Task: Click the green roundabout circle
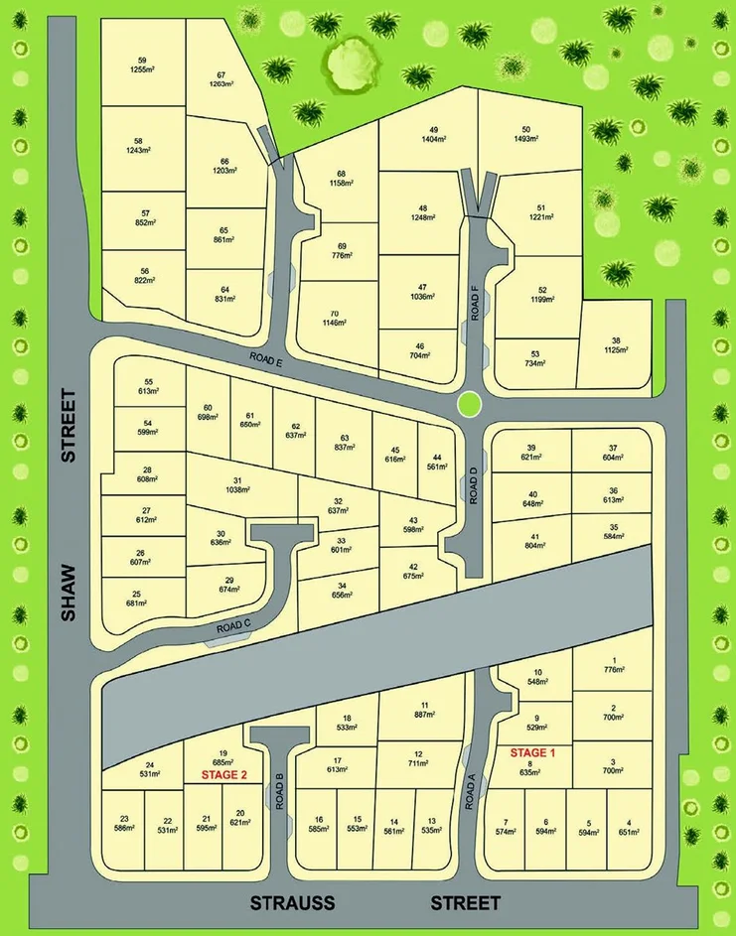pyautogui.click(x=470, y=404)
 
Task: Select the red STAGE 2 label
pyautogui.click(x=223, y=773)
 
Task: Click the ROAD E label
pyautogui.click(x=266, y=362)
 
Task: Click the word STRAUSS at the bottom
pyautogui.click(x=292, y=903)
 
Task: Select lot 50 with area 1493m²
pyautogui.click(x=525, y=134)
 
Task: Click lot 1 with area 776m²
pyautogui.click(x=615, y=666)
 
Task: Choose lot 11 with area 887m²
pyautogui.click(x=423, y=709)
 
